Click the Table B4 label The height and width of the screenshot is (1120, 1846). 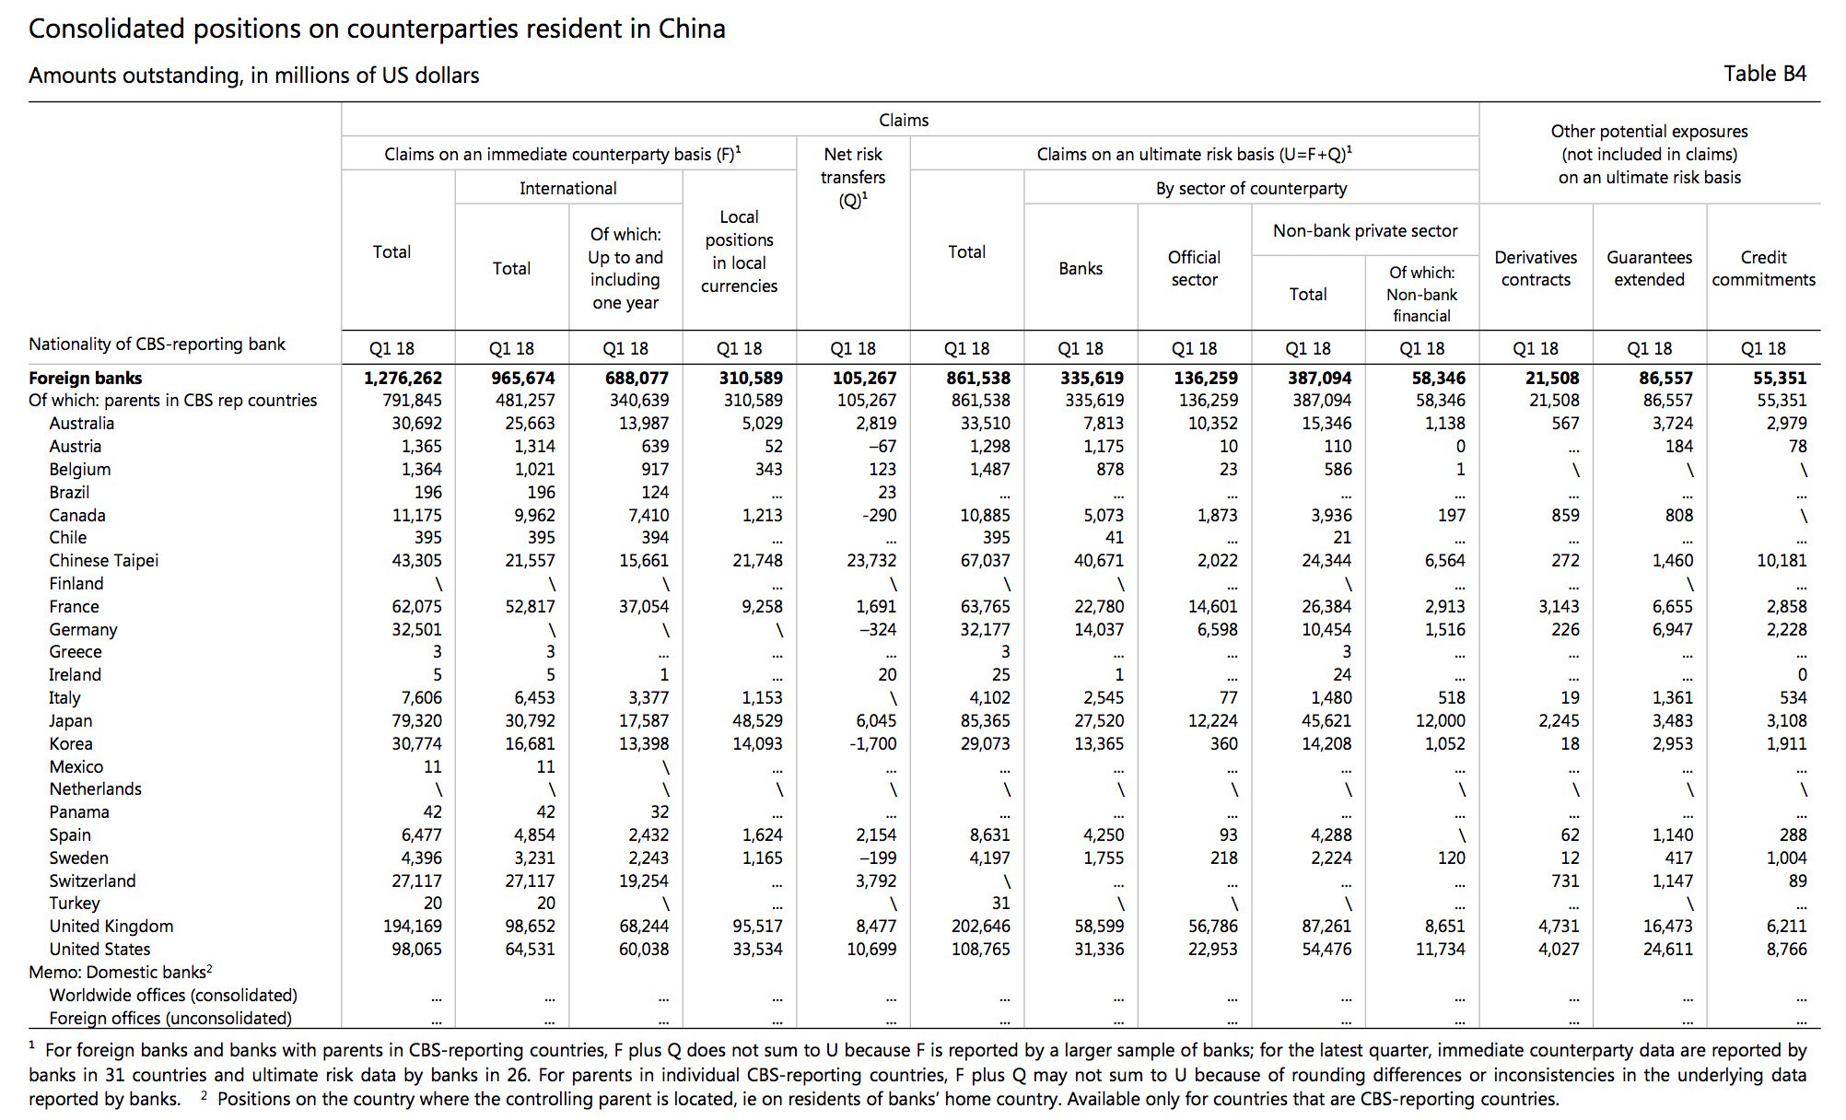1765,74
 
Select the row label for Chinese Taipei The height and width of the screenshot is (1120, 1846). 104,560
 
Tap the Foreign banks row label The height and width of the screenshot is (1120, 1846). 86,378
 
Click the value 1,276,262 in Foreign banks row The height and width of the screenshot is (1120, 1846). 403,378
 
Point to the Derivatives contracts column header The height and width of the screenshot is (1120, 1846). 1536,268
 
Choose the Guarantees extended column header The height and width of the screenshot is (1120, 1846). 1649,268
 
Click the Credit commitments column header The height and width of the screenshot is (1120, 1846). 1763,268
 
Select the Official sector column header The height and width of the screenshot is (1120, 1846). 1194,268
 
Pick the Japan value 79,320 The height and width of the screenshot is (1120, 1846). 417,720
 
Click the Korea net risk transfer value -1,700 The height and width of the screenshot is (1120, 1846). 872,743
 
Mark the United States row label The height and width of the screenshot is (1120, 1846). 99,949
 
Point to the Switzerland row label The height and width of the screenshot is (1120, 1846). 92,881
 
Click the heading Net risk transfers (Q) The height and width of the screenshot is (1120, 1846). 853,177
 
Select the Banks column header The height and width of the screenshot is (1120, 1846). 1081,268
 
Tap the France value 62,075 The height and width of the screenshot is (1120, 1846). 417,606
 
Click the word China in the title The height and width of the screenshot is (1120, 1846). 692,29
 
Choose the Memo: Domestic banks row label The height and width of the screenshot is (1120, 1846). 121,972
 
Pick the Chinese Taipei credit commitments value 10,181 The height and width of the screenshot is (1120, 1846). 1782,560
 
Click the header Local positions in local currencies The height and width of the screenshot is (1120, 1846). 739,251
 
